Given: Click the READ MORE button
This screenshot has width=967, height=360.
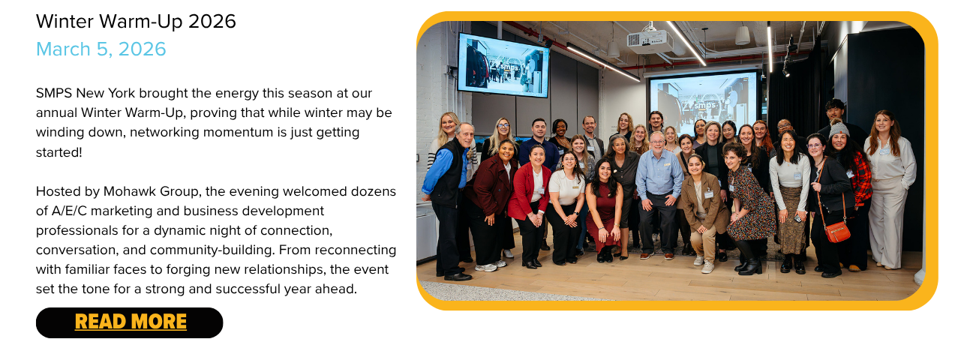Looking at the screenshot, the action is [130, 322].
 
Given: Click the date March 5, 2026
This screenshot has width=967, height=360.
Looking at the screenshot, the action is [101, 49].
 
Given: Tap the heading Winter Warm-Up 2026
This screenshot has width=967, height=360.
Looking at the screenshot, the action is [136, 22].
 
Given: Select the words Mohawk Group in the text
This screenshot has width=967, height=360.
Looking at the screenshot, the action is [152, 192].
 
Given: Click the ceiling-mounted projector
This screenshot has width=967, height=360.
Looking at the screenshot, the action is [650, 40].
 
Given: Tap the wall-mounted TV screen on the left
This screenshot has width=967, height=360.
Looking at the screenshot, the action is [503, 65].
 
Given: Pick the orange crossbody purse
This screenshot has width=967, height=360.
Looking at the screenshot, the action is [837, 232].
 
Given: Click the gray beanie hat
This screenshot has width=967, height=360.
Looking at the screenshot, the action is [839, 129].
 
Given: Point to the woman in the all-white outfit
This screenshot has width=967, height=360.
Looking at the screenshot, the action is [890, 190].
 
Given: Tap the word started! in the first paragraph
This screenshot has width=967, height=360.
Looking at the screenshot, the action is [59, 152].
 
